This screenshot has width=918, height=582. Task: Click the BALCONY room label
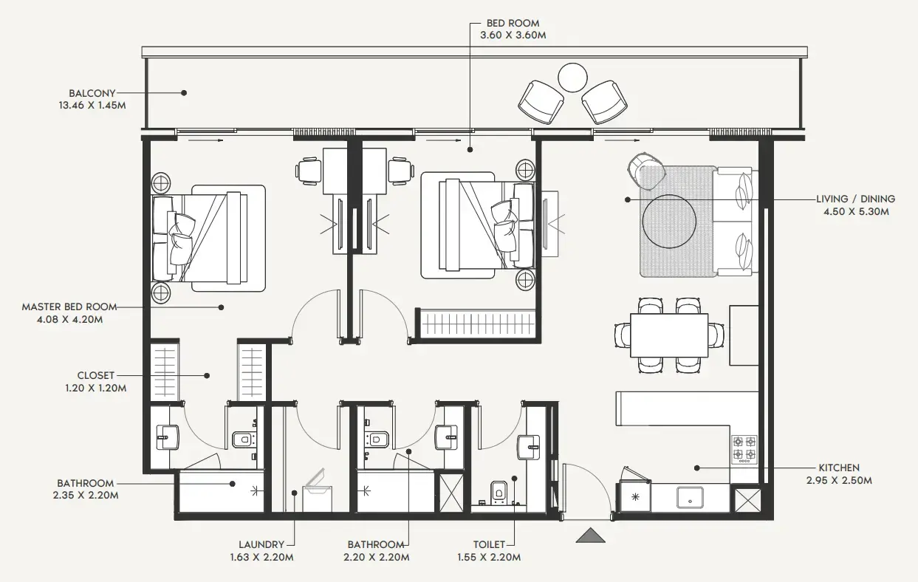point(92,94)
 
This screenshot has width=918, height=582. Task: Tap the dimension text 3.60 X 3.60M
point(513,35)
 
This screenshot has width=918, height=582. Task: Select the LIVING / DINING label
point(855,199)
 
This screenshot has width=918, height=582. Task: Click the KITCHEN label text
point(838,468)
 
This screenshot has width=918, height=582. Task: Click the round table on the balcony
point(572,77)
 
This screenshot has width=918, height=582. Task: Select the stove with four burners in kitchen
point(744,448)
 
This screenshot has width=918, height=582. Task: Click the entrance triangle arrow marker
point(590,535)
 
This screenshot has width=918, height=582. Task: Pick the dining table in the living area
point(668,335)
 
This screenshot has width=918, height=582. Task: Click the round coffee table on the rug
point(669,220)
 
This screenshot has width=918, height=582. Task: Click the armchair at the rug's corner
point(646,168)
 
